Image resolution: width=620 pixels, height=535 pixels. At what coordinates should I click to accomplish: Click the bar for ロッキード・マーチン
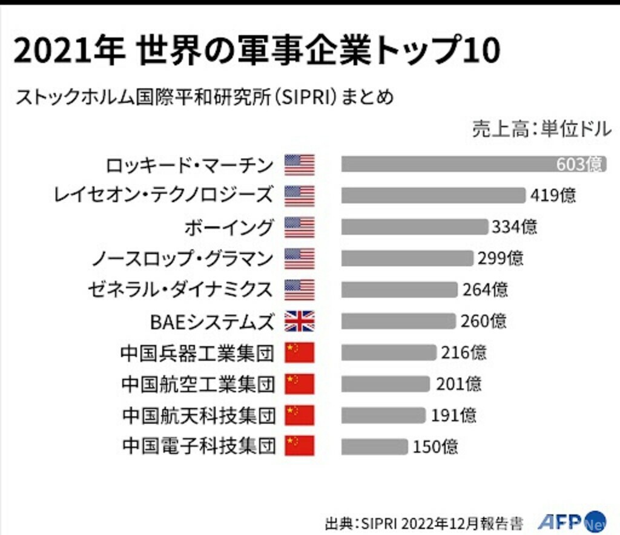448,164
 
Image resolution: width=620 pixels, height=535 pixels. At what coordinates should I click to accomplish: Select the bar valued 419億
433,195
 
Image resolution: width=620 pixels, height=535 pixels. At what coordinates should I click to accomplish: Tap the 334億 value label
514,227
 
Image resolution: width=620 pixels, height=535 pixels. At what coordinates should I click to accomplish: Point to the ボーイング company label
229,227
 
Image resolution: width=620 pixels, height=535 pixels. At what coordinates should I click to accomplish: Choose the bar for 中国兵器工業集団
388,352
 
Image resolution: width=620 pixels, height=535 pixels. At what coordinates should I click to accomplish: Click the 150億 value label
435,447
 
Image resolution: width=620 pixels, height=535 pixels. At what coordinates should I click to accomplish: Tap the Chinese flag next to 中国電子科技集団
300,446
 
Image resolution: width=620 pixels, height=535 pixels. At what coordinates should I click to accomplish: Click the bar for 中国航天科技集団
383,415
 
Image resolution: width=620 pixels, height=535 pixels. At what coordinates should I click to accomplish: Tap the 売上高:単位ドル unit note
542,129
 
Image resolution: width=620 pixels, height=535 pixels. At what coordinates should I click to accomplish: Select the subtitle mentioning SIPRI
205,96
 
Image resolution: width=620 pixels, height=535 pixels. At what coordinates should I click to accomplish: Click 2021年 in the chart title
68,51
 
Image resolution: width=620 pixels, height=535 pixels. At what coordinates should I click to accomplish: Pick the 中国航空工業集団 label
199,384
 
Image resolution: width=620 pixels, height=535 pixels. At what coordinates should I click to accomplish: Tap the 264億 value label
486,290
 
